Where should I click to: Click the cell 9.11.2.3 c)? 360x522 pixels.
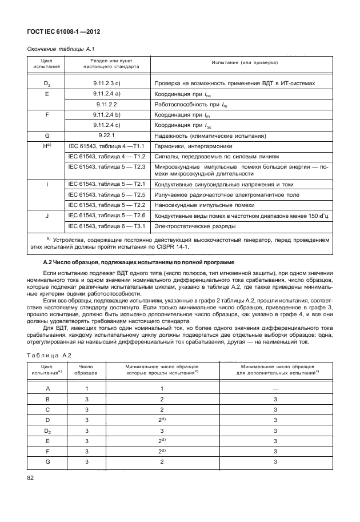[x=106, y=83]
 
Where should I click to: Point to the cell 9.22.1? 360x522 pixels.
[x=106, y=136]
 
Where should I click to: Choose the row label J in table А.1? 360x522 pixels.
[x=46, y=216]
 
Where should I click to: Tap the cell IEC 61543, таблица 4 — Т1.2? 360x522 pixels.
[x=107, y=156]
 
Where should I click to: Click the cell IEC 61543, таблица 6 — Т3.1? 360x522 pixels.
[x=107, y=226]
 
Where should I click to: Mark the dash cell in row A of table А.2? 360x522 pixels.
[x=275, y=388]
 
